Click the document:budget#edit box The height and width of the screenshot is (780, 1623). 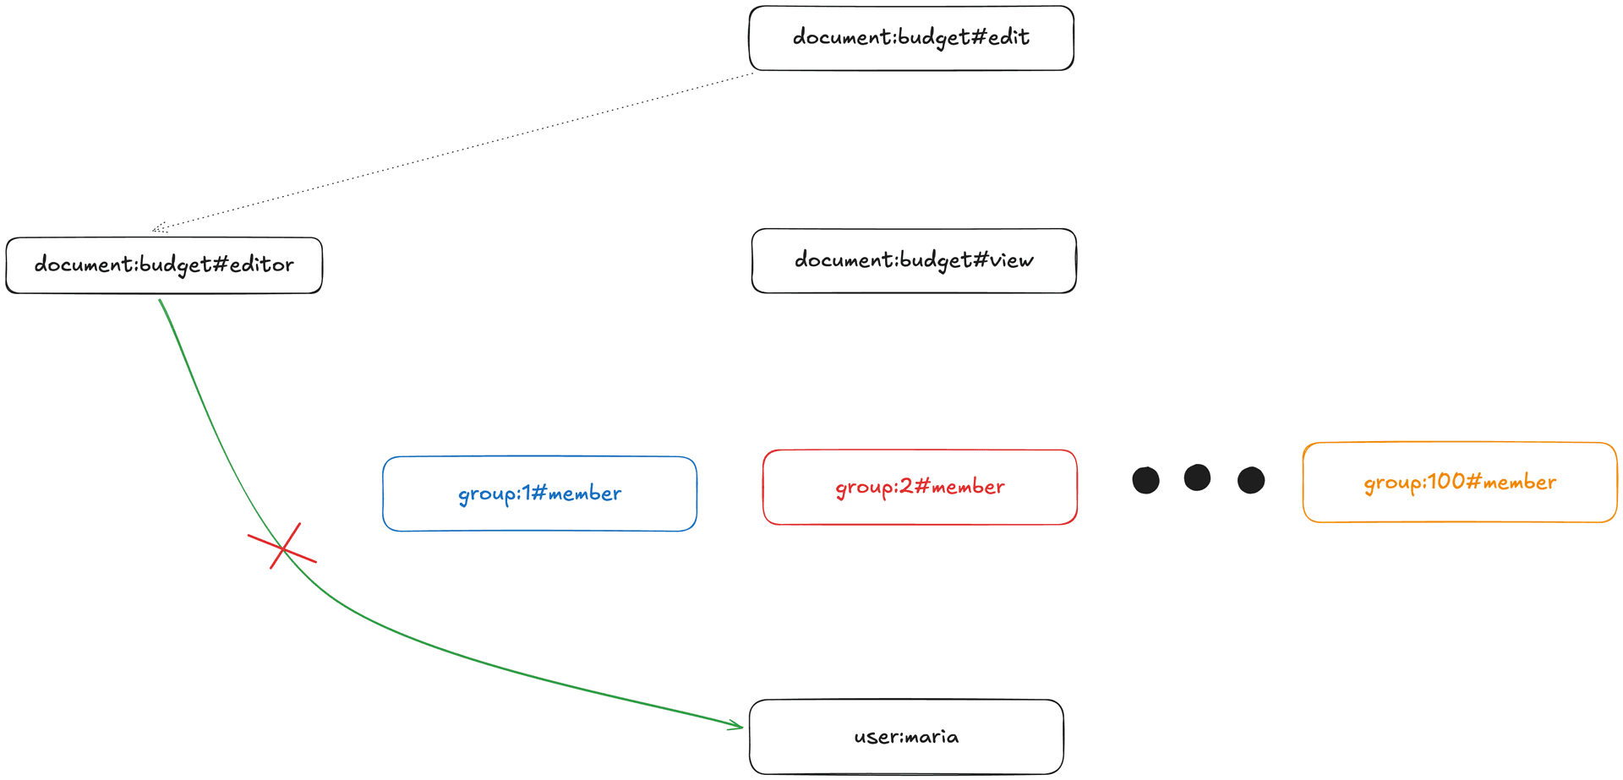tap(911, 38)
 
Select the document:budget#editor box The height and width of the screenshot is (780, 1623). tap(164, 265)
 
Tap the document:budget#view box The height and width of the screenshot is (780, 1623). tap(913, 260)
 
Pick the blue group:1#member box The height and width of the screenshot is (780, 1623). tap(539, 494)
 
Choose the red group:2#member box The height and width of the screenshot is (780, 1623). tap(920, 488)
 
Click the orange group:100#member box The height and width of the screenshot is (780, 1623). tap(1459, 483)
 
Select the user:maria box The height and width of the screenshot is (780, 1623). tap(906, 737)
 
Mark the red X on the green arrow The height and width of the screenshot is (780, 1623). tap(282, 548)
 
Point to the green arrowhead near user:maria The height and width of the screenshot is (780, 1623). tap(738, 725)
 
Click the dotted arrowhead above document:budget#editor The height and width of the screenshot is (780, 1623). tap(158, 228)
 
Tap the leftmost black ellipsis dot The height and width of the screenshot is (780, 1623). tap(1145, 480)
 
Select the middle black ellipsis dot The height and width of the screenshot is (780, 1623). tap(1197, 477)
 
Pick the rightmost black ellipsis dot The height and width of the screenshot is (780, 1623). tap(1251, 480)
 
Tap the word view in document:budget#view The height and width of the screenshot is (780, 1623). tap(1012, 259)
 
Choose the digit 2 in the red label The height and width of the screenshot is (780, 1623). tap(905, 486)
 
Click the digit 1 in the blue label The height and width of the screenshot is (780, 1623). tap(527, 493)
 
